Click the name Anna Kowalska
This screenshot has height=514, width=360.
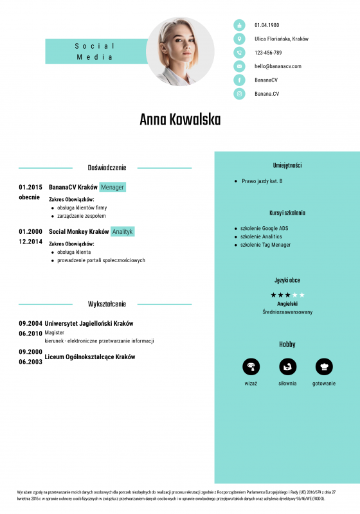coord(180,120)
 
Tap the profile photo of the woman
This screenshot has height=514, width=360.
coord(180,51)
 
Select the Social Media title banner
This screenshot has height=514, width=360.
coord(95,51)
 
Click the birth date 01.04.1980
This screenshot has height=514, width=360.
coord(267,25)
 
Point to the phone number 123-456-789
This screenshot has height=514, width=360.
coord(268,53)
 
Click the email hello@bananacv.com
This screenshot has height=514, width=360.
coord(278,66)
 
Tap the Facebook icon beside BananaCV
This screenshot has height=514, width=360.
coord(239,80)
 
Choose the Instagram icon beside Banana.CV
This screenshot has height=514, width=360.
coord(239,94)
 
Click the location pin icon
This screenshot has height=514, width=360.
coord(239,39)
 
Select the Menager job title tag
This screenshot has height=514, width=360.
coord(113,187)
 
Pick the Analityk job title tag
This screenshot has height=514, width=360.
coord(122,231)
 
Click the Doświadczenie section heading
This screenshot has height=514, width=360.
coord(107,168)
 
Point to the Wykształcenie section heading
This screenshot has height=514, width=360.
coord(107,304)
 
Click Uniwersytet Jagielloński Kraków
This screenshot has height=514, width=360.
coord(89,323)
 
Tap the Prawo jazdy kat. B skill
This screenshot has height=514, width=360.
coord(262,181)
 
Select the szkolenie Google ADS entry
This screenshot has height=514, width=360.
coord(264,228)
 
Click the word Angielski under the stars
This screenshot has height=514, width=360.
coord(287,303)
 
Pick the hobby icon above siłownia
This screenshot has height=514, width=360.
coord(287,366)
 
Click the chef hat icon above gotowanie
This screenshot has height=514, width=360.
coord(324,366)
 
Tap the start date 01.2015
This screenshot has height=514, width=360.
coord(30,187)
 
